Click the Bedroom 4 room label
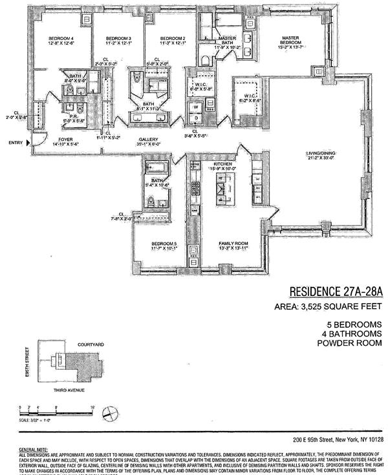pyautogui.click(x=61, y=39)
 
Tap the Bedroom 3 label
pyautogui.click(x=118, y=39)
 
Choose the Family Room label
pyautogui.click(x=231, y=243)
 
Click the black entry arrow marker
pyautogui.click(x=28, y=143)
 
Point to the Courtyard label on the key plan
pyautogui.click(x=87, y=344)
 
